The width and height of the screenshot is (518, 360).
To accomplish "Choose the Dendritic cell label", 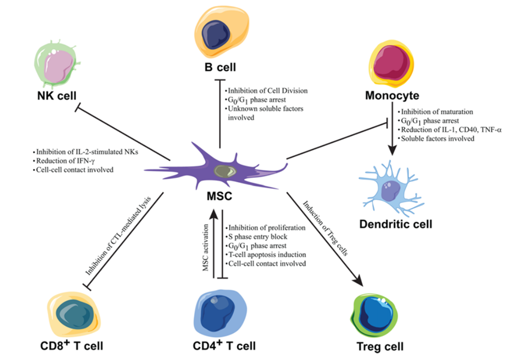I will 396,225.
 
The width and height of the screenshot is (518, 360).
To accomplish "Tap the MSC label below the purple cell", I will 220,197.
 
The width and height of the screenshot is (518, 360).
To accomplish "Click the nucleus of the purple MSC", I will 225,171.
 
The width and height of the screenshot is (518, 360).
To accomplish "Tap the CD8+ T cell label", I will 72,346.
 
